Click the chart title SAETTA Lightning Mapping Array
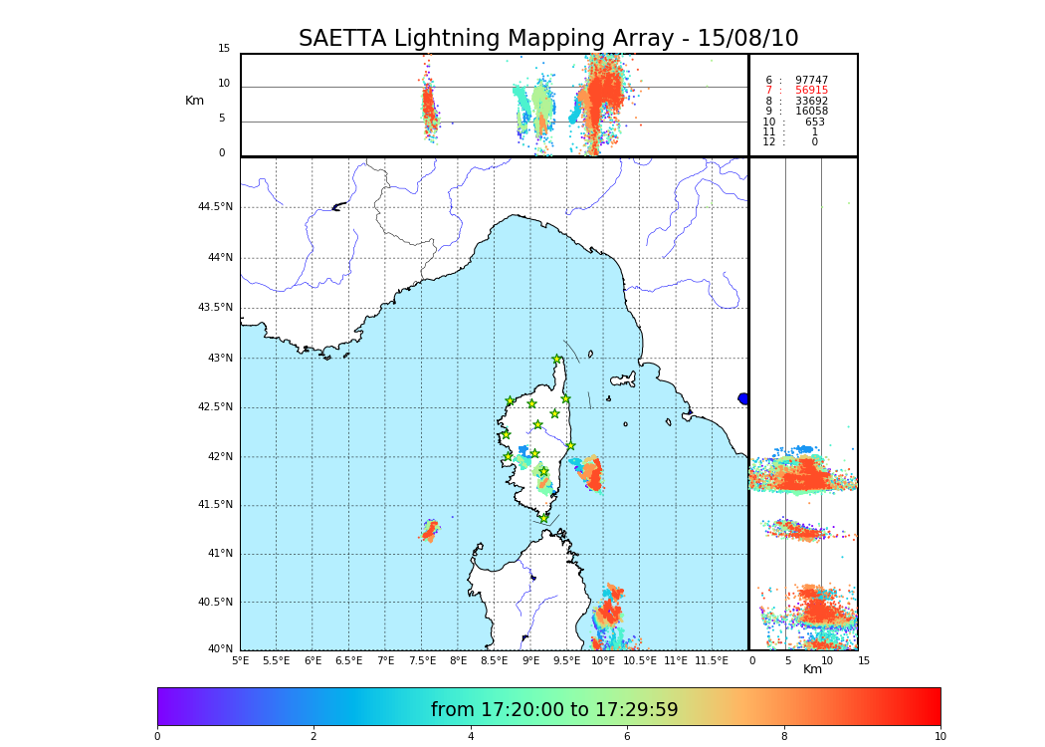(x=548, y=39)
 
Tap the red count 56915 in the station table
(x=811, y=91)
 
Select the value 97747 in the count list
(x=811, y=81)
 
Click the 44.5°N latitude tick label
(x=215, y=207)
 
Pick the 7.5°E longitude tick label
(x=423, y=661)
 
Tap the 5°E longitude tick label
(x=240, y=661)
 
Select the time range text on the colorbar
(x=554, y=710)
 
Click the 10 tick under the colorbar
(x=940, y=737)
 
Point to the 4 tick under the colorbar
(x=471, y=737)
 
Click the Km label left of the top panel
(x=194, y=101)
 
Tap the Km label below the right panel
(x=812, y=669)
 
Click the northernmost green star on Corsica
(x=557, y=360)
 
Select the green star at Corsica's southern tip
(x=543, y=518)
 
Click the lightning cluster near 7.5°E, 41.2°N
(x=429, y=531)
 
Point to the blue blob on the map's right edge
(x=743, y=398)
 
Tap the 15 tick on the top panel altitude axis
(x=224, y=49)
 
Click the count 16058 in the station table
(x=811, y=112)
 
